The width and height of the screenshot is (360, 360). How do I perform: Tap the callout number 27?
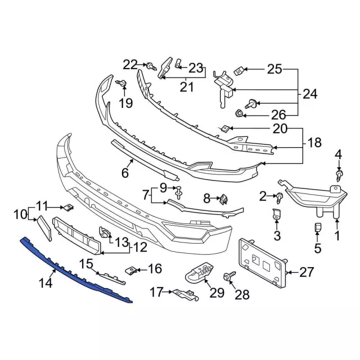(306, 273)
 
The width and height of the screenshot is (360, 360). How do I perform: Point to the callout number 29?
(216, 292)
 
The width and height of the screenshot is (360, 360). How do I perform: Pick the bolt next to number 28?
(229, 277)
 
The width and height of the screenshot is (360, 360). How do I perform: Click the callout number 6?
(125, 172)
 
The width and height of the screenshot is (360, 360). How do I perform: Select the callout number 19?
(124, 103)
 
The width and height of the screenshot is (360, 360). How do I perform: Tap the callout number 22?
(130, 65)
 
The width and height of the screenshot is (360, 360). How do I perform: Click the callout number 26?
(278, 115)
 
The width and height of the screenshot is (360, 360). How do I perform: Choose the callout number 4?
(338, 154)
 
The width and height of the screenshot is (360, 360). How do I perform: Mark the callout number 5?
(317, 247)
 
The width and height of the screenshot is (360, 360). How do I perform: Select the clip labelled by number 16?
(131, 271)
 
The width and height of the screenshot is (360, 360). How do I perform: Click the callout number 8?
(206, 198)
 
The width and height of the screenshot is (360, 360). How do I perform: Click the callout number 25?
(274, 70)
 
